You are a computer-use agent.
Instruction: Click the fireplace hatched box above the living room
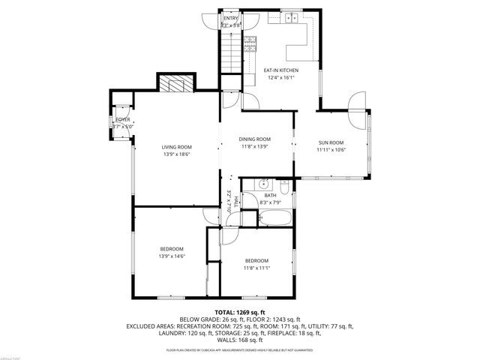pos(176,82)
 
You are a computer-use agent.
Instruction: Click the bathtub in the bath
pos(274,219)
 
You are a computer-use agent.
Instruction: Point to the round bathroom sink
pos(264,184)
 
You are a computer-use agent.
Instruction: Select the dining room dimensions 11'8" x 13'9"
pos(254,146)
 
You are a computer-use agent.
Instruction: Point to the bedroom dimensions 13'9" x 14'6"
pos(171,256)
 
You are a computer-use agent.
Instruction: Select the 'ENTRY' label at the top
pos(230,18)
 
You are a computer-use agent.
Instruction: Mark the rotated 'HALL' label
pos(235,201)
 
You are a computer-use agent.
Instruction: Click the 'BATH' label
pos(270,196)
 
